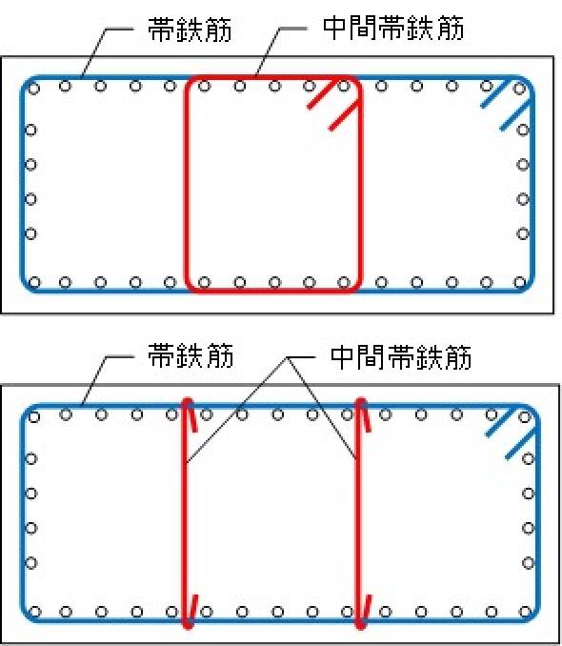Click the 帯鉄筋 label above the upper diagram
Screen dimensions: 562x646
(x=190, y=30)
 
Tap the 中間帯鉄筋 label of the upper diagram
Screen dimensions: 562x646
(x=393, y=28)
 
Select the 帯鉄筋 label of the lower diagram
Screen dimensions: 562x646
(x=191, y=355)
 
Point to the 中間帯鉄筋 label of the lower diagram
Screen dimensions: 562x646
(x=401, y=357)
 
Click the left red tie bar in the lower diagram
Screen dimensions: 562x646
(x=185, y=513)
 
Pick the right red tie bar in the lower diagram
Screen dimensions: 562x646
(x=357, y=513)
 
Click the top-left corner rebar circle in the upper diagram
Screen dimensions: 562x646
(x=33, y=89)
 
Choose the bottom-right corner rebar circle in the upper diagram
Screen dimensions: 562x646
(x=520, y=283)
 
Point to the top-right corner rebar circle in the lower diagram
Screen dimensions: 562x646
(x=525, y=417)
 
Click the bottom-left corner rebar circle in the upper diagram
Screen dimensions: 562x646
(x=33, y=283)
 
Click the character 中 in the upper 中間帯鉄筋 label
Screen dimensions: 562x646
(x=336, y=28)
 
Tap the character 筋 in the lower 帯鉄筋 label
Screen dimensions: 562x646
(x=220, y=355)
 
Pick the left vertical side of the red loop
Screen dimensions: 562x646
(x=187, y=184)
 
